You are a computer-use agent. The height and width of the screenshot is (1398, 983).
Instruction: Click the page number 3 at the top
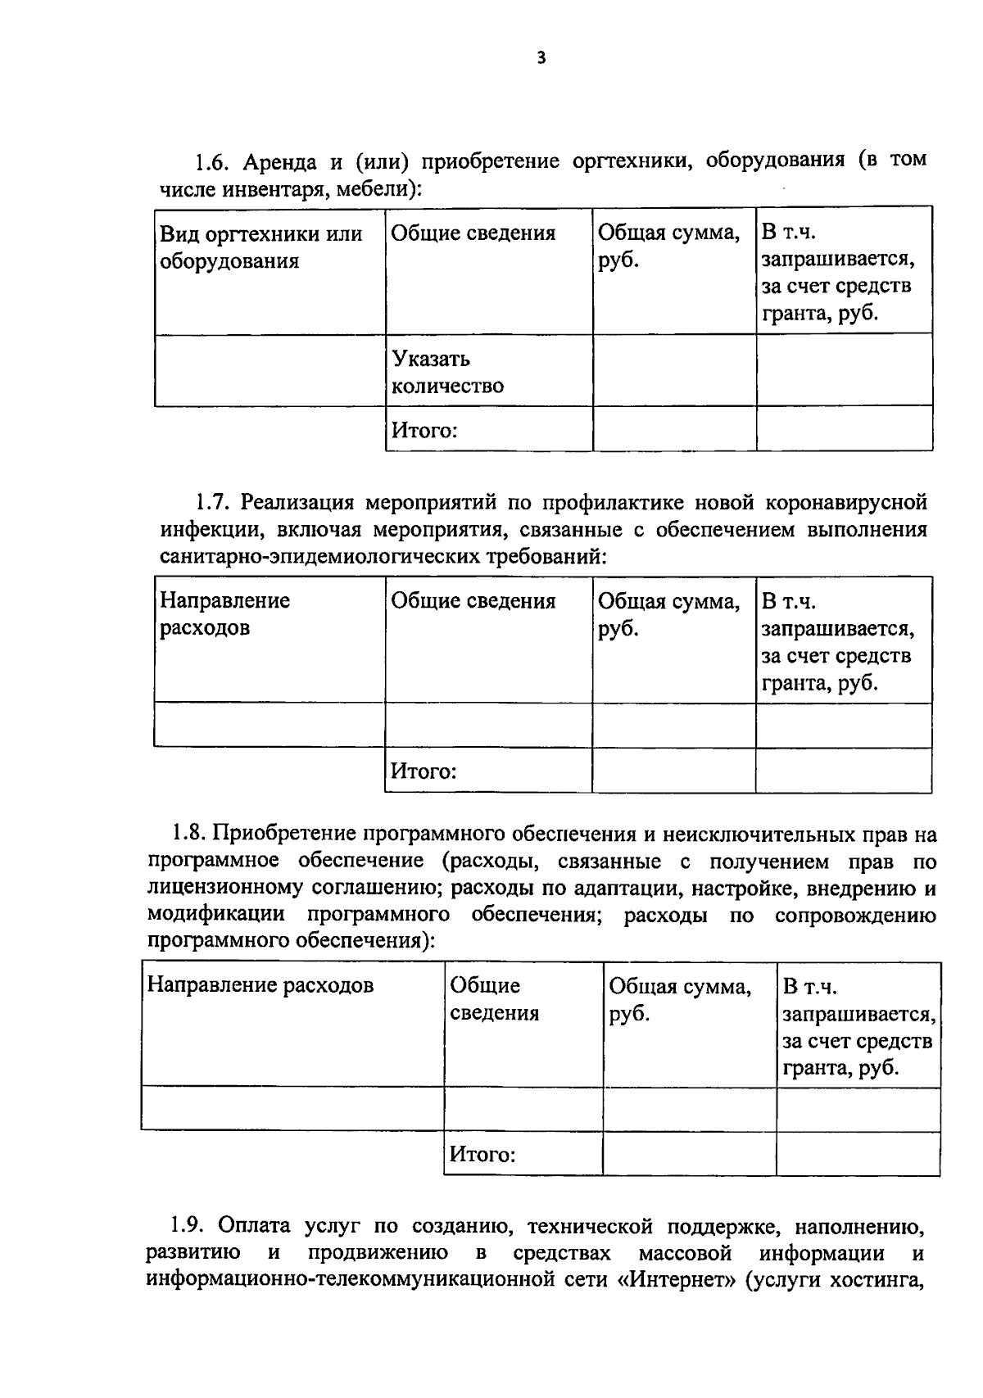[540, 57]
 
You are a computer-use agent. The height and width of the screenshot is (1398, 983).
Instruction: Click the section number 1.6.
[210, 162]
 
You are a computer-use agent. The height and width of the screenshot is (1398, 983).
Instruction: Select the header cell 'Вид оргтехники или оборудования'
[260, 247]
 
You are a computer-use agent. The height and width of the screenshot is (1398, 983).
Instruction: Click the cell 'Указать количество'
[447, 372]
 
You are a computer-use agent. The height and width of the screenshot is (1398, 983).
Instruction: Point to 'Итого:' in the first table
[424, 430]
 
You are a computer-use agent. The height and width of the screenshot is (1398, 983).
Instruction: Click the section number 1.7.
[210, 502]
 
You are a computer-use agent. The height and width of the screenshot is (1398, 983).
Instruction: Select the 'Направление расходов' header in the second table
[224, 614]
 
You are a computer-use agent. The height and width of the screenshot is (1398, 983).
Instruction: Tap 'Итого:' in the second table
[423, 771]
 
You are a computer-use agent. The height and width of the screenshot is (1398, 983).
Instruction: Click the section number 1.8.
[188, 834]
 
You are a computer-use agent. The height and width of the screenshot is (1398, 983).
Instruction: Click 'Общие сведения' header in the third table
[494, 999]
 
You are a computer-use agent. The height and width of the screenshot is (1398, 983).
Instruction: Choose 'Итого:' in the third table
[482, 1155]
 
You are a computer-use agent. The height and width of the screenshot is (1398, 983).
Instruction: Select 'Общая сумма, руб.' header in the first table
[668, 247]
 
